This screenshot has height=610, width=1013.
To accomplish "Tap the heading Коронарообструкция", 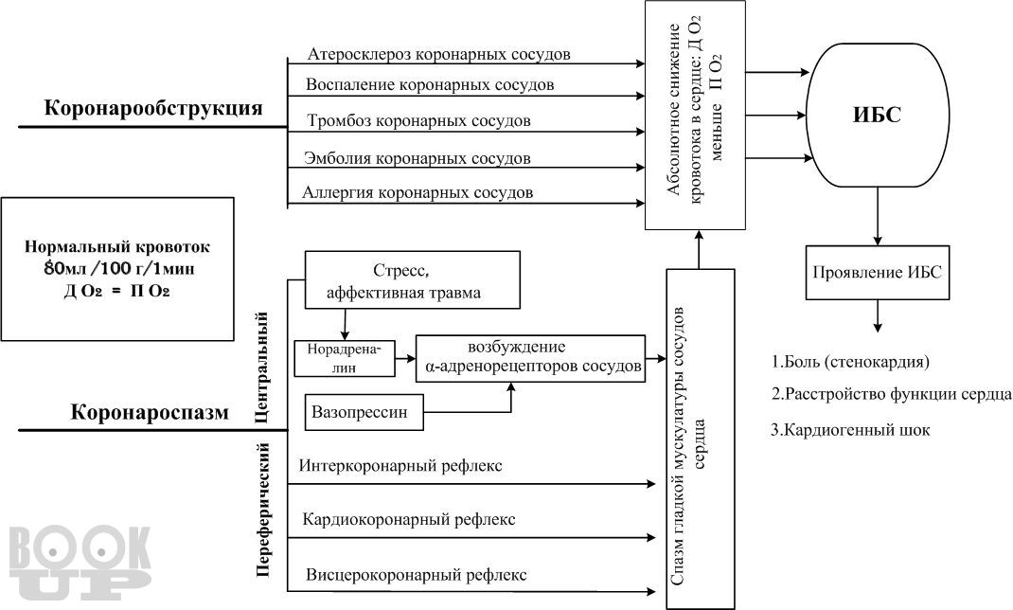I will coord(152,108).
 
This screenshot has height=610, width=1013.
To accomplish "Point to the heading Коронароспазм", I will coord(150,413).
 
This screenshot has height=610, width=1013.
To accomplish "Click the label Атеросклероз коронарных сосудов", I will coord(439,53).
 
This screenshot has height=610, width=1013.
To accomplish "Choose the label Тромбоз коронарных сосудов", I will coord(418,121).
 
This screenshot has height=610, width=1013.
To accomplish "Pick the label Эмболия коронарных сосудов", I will coord(417,157).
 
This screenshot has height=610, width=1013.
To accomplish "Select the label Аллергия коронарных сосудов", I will coord(418,192).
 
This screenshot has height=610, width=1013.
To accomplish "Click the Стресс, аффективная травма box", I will coord(413,279).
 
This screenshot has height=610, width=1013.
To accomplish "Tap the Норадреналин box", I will coord(344,356).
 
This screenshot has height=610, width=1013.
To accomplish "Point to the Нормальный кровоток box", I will coord(117,269).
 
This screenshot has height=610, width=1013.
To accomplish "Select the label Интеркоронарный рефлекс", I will coord(400,466).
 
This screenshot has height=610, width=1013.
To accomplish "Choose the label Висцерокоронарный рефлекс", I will coord(417,575).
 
